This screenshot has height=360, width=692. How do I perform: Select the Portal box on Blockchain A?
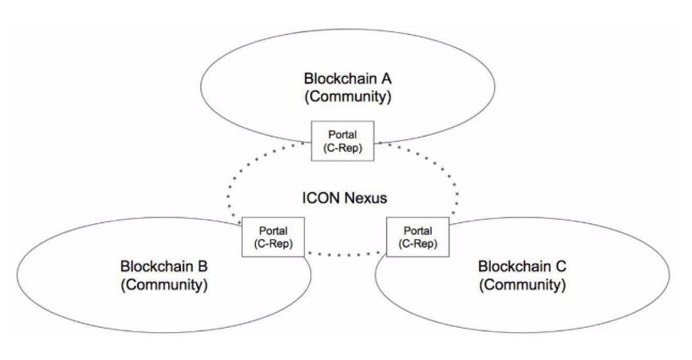(342, 139)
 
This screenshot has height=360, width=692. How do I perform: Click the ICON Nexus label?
(345, 199)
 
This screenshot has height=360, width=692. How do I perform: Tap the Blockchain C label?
(521, 268)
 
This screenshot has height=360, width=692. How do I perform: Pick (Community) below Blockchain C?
(521, 285)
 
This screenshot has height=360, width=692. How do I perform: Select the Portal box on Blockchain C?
(417, 237)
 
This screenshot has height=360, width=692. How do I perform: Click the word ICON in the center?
(320, 199)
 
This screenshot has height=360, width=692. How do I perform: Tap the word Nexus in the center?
(365, 199)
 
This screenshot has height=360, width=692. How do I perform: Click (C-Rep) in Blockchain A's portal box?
(342, 146)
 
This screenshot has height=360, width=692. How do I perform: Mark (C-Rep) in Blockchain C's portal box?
(417, 243)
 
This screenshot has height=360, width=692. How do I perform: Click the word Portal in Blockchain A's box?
(342, 134)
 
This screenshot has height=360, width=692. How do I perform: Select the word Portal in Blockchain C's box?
(417, 230)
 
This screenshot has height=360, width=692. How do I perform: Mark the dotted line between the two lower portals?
(345, 254)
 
